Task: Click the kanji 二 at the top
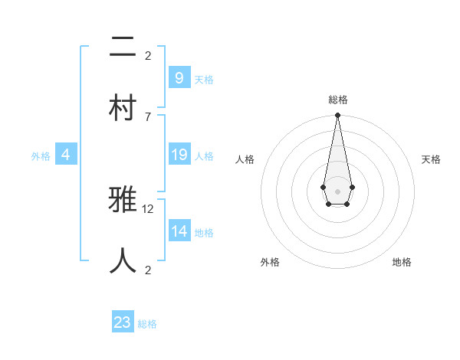pos(123,48)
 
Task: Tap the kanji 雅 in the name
pos(123,201)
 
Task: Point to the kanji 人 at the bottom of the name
pos(123,260)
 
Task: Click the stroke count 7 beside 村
pos(148,116)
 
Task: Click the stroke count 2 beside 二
pos(148,55)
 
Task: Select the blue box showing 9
pos(179,77)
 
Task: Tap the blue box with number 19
pos(179,155)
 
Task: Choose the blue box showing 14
pos(179,231)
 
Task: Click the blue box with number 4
pos(66,155)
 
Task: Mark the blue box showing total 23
pos(123,322)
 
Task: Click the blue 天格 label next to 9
pos(204,80)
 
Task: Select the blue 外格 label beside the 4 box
pos(41,156)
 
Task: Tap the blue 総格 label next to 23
pos(148,324)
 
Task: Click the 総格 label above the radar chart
pos(338,100)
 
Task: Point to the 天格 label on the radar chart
pos(431,159)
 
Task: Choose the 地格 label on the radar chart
pos(402,262)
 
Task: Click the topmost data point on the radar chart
pos(337,116)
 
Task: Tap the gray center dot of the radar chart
pos(337,191)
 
